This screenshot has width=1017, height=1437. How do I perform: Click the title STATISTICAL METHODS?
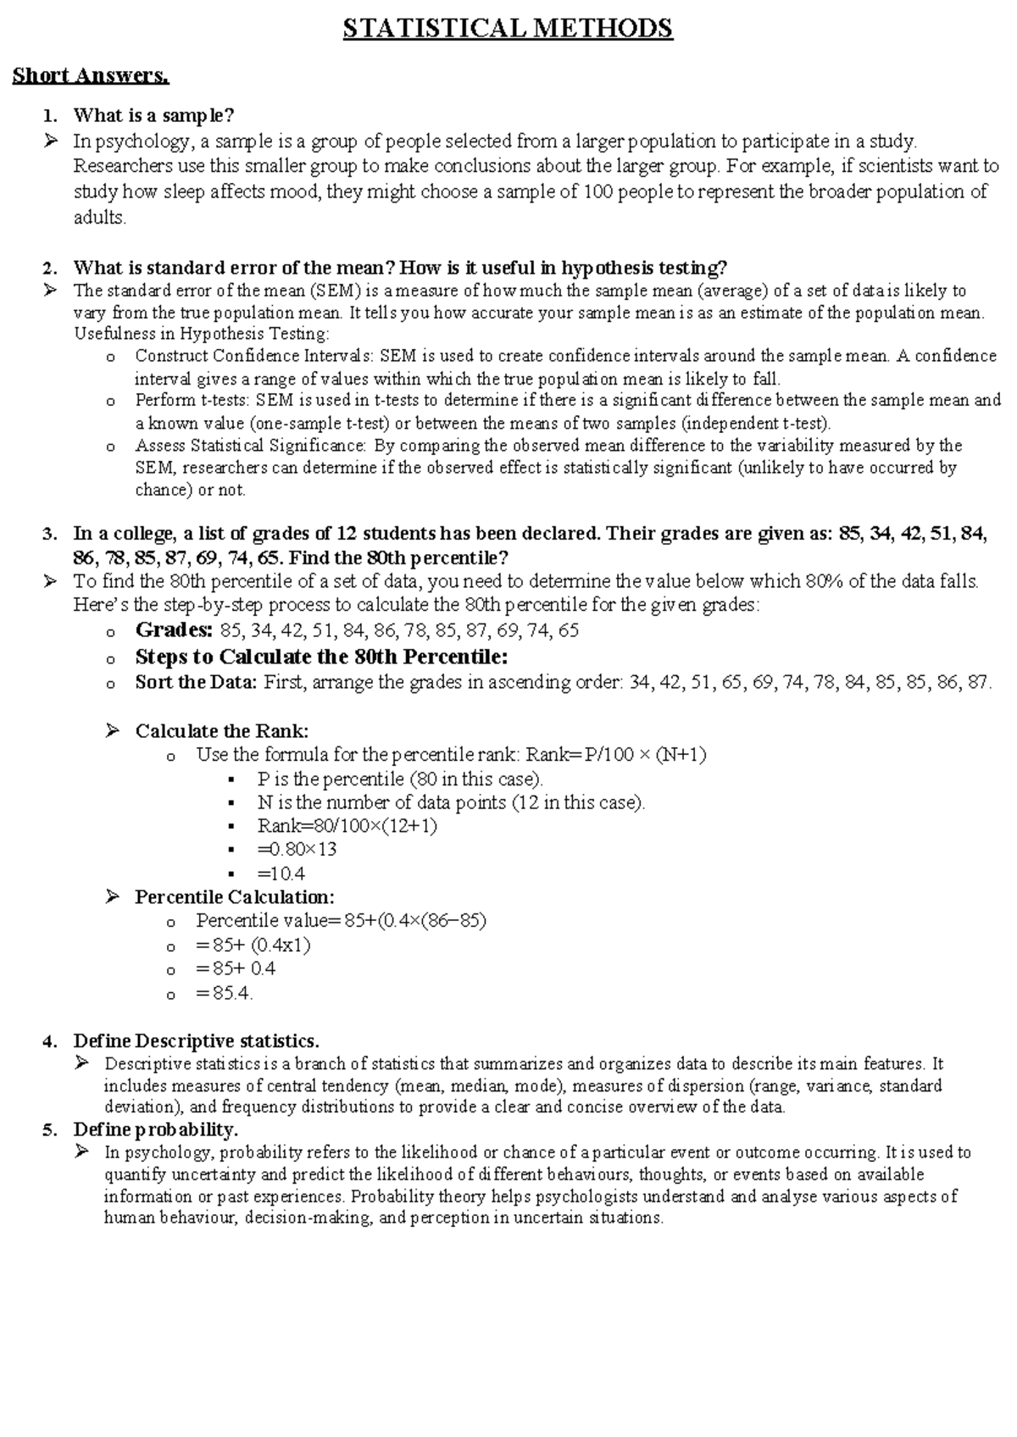[x=508, y=29]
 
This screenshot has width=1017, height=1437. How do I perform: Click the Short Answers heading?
[x=91, y=75]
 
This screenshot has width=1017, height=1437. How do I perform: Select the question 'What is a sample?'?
[x=153, y=115]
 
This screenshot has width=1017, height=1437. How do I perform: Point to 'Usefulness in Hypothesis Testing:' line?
[x=202, y=334]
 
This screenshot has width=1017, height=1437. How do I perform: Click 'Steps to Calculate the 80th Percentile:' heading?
[x=321, y=657]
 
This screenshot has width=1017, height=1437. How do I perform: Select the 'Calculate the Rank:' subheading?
[x=222, y=731]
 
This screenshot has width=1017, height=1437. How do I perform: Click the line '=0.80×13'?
[x=297, y=850]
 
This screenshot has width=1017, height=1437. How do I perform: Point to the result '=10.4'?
[x=281, y=874]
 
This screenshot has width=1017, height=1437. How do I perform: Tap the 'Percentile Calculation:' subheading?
[x=235, y=897]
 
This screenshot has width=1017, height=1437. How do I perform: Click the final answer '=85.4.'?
[x=224, y=993]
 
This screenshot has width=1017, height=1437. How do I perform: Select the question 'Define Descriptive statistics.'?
[x=197, y=1040]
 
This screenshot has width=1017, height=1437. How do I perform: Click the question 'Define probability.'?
[x=156, y=1130]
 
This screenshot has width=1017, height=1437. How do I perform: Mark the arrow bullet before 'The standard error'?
[x=51, y=291]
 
